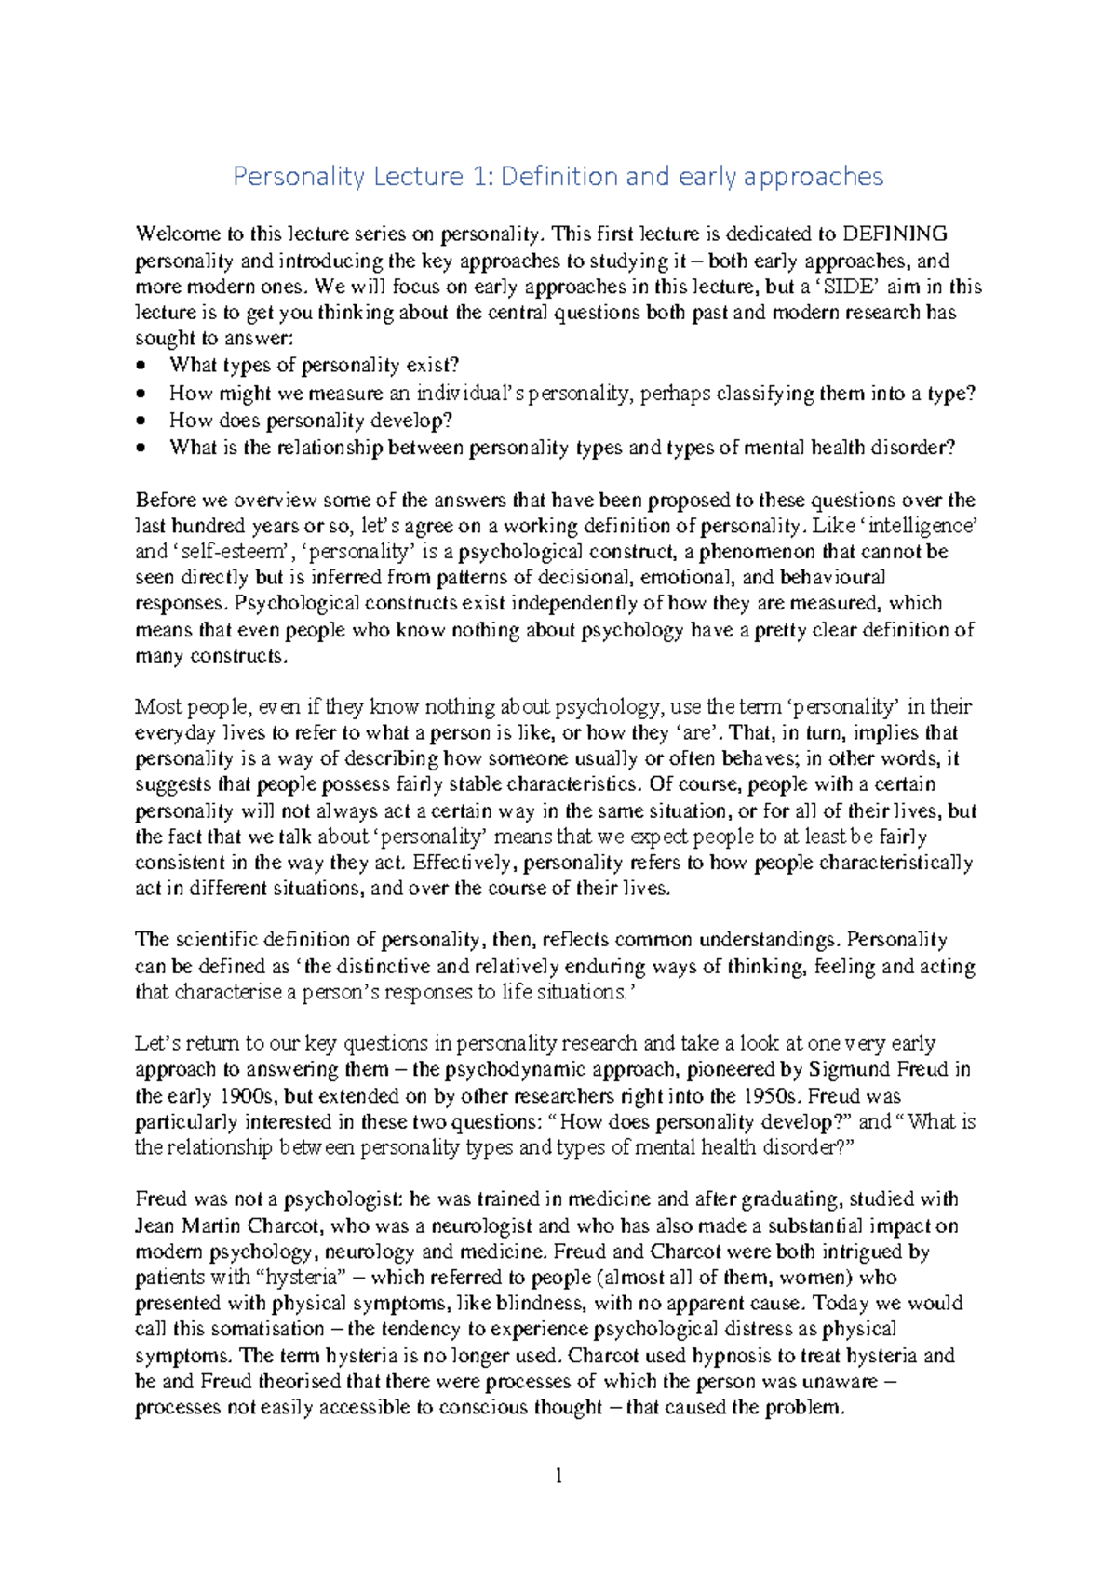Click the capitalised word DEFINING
point(895,234)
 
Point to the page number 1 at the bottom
point(558,1476)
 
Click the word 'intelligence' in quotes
point(916,526)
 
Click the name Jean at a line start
point(155,1225)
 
